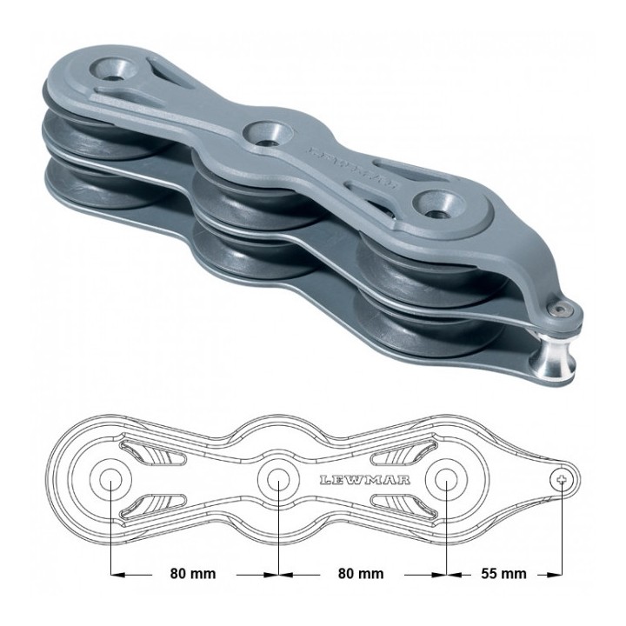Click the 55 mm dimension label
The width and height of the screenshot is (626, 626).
(503, 574)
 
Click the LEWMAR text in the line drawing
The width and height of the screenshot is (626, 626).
(365, 479)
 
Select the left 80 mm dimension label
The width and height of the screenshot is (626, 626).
(193, 574)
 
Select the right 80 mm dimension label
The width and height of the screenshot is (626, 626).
(361, 574)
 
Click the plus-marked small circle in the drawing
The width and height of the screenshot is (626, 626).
(563, 479)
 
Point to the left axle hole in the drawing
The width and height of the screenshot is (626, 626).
(110, 479)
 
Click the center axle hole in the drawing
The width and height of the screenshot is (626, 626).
(278, 479)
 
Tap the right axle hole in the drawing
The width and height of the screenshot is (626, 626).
(446, 479)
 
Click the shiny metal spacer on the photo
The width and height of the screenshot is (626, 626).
(552, 360)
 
